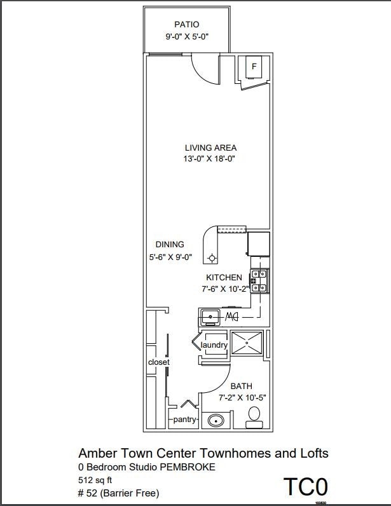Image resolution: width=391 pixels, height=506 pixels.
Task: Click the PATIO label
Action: (186, 25)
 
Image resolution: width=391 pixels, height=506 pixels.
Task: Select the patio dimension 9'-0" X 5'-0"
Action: (186, 37)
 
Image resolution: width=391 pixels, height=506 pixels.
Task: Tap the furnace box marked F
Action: (254, 66)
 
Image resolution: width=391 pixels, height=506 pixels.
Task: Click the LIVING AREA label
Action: (210, 147)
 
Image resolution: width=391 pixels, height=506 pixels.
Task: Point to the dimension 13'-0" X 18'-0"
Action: (210, 160)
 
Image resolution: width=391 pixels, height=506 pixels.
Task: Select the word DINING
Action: (170, 244)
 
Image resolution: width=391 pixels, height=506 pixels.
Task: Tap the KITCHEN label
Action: (224, 277)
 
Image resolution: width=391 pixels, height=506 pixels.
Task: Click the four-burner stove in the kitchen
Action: (259, 281)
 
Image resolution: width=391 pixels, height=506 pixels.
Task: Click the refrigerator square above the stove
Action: (258, 243)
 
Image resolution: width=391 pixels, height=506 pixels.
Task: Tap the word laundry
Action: (214, 345)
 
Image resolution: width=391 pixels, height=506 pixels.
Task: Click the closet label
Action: (158, 362)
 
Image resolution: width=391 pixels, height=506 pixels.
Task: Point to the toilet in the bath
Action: (255, 414)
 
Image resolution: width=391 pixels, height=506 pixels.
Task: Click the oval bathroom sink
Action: (217, 420)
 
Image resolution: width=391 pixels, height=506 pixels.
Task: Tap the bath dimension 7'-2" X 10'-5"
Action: (242, 398)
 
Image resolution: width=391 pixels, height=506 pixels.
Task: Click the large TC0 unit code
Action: (305, 487)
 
